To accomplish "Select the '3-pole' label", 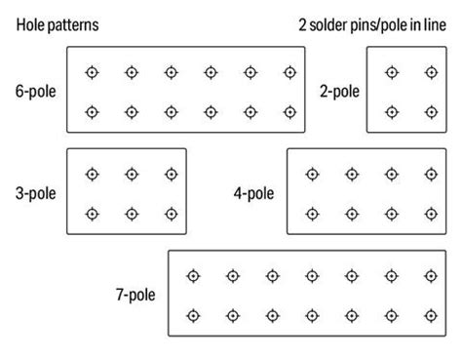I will (x=34, y=193).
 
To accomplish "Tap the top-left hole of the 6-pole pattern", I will (x=92, y=71).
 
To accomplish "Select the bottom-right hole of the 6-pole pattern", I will (x=289, y=111).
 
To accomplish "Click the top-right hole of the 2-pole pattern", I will (x=430, y=71).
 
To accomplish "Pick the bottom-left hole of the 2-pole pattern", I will (x=391, y=111).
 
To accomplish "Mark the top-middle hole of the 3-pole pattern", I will (x=131, y=174).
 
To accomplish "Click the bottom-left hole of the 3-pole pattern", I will (x=92, y=213).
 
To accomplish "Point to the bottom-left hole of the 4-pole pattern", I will (x=312, y=213).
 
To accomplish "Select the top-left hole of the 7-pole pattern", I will (x=193, y=275).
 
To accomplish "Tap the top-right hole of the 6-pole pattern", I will (x=289, y=71).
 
